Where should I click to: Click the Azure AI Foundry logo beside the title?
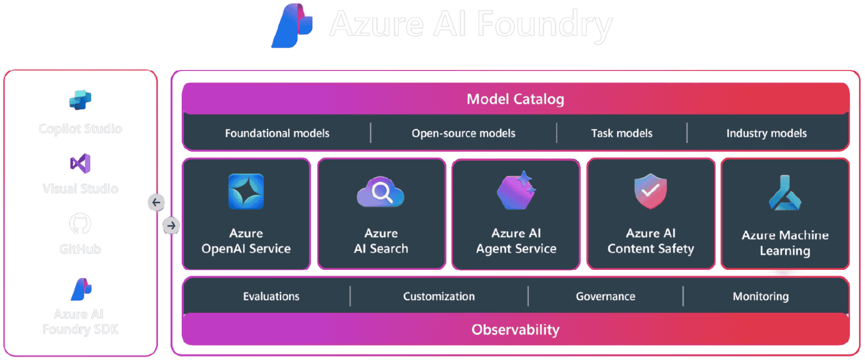pos(293,25)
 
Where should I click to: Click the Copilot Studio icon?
pos(80,100)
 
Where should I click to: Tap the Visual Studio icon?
pos(80,163)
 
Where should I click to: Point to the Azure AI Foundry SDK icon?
pos(81,289)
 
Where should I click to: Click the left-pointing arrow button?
pos(156,202)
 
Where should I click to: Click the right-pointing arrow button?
pos(171,226)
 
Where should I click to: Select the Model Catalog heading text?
pos(515,99)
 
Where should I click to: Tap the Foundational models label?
pos(277,134)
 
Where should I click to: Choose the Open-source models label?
pos(463,134)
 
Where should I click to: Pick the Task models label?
pos(622,134)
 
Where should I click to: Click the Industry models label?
pos(766,134)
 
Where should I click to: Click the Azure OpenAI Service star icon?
pos(246,191)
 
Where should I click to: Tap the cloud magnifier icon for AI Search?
pos(381,192)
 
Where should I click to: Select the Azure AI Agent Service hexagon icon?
pos(516,191)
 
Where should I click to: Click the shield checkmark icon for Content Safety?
pos(650,191)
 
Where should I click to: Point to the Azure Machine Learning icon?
pos(785,194)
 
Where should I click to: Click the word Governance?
pos(605,296)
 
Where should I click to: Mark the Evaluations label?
pos(271,296)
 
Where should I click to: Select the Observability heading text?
pos(515,330)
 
